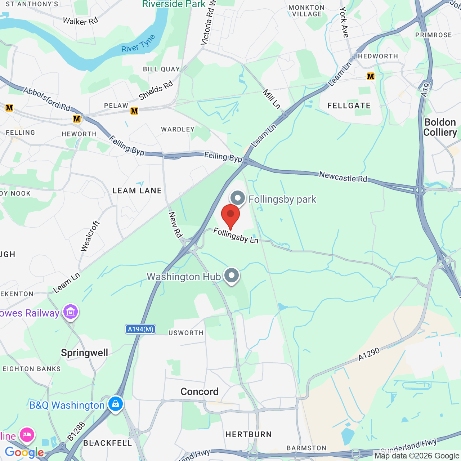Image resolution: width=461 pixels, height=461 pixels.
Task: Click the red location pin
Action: point(230,215)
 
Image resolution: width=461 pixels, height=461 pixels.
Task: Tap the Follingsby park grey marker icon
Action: point(238,198)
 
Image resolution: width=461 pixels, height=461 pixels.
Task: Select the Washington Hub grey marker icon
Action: point(232,276)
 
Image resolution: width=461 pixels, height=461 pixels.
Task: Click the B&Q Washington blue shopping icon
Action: point(115,404)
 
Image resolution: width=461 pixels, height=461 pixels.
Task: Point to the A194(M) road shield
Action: point(140,329)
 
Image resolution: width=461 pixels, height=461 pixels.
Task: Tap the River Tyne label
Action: point(138,44)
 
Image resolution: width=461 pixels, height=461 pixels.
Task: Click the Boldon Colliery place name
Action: point(440,127)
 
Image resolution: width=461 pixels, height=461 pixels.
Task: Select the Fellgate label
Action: point(349,106)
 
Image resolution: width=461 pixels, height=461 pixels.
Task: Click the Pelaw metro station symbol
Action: point(134,111)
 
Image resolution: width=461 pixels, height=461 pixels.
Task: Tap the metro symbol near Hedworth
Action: point(371,76)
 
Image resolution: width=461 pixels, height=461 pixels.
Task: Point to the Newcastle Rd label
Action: point(343,177)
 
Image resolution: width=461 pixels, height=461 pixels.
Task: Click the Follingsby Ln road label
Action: point(236,236)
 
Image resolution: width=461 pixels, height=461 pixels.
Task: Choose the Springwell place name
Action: point(85,353)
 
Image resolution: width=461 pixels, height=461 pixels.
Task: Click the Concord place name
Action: point(200,391)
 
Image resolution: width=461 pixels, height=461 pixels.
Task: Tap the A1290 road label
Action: point(369,354)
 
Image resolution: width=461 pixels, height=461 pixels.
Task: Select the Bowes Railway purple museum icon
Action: point(70,312)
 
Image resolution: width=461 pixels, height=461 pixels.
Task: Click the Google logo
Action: point(24,452)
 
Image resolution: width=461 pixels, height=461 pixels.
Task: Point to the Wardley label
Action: point(178,129)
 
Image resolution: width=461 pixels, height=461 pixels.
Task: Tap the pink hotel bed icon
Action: point(27,435)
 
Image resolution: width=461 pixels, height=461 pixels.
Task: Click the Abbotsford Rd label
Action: point(47,99)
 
